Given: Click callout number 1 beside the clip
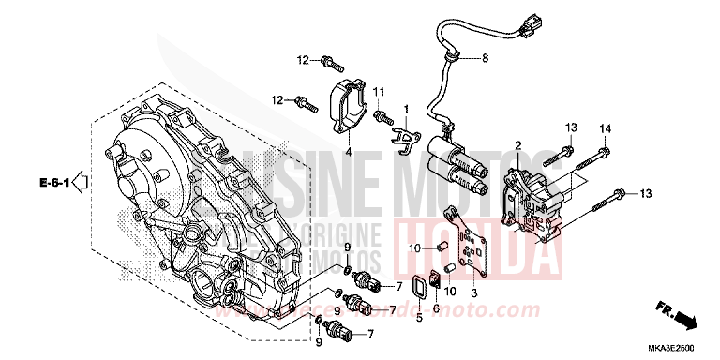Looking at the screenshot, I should coord(406,111).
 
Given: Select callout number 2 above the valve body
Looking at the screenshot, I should coord(517,145).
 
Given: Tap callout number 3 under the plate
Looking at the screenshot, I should coord(473,292).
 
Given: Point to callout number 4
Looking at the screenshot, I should coord(347,152).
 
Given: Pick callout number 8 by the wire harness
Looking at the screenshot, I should coord(486,58).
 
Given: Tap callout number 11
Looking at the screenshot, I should coord(381,91).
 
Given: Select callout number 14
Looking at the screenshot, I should coord(605,127).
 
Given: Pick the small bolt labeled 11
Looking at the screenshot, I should coord(382,116).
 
